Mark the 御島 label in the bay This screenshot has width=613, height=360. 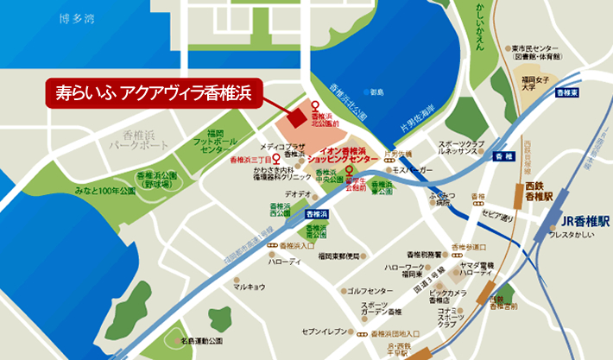tap(376, 92)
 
